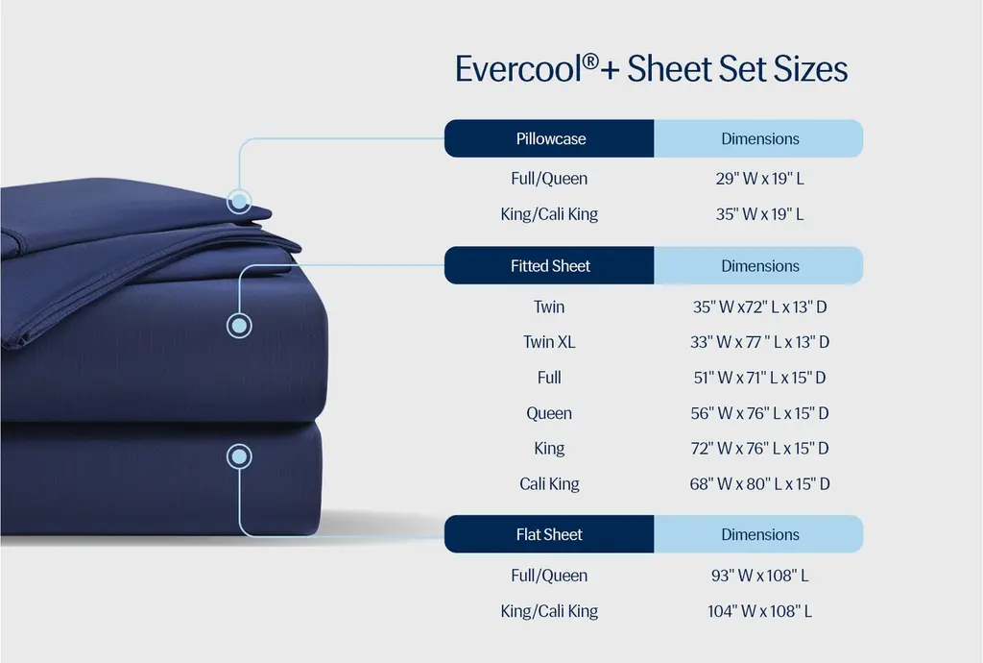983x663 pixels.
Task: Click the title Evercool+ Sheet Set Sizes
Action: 652,69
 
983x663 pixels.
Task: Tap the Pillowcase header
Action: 549,138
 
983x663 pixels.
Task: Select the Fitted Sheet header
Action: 549,265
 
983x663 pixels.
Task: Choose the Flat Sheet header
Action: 549,534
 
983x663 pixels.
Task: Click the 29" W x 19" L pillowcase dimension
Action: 760,179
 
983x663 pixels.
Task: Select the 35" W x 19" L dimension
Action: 760,214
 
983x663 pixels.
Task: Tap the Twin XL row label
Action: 549,342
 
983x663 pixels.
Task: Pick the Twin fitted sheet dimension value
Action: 760,307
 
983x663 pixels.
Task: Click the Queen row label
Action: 549,413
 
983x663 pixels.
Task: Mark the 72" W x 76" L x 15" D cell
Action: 760,449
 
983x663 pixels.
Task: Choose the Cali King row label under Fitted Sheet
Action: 549,484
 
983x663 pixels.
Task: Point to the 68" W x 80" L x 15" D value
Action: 760,484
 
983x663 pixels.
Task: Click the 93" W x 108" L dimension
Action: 760,576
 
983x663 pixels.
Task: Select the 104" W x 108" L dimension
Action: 760,611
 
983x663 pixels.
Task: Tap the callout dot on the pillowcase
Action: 239,202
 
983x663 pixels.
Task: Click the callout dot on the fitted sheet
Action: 239,326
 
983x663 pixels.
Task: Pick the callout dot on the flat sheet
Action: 239,456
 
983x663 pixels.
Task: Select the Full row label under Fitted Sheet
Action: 549,378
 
